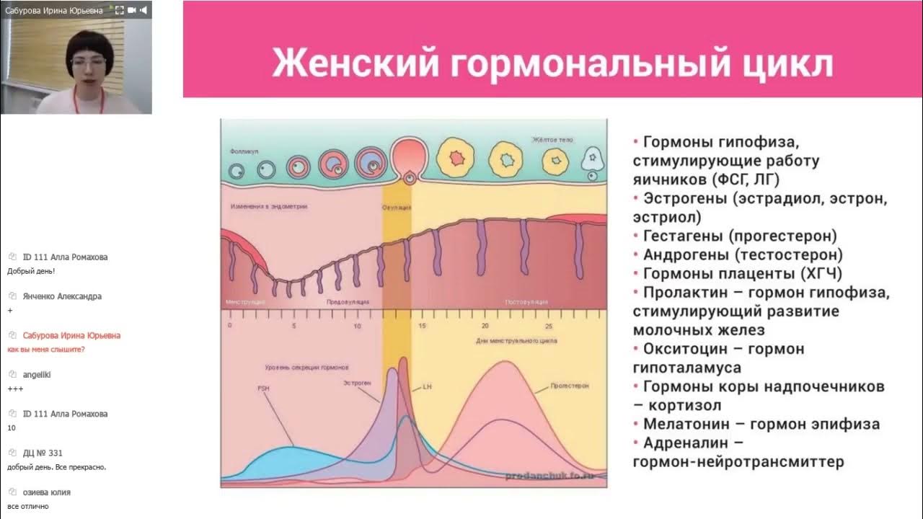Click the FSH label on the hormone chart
coord(263,388)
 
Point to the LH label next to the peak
coord(427,387)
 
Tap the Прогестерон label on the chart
coord(570,386)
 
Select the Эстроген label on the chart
coord(359,383)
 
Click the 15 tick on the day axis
coord(422,326)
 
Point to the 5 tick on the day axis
coord(293,326)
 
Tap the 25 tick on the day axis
coord(549,326)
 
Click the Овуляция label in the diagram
coord(397,208)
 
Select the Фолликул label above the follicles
coord(244,153)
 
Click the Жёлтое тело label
coord(553,140)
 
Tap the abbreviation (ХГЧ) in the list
coord(821,274)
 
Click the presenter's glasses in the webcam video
coord(88,63)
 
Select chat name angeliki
coord(37,375)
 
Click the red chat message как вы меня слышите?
coord(46,350)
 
